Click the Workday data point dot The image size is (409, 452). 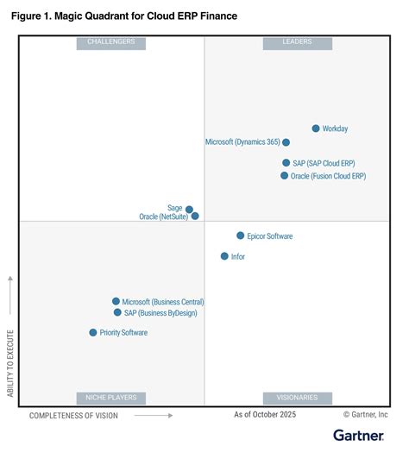click(316, 129)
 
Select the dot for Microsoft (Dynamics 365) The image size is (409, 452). click(286, 142)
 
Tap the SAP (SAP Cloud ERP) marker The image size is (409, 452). click(286, 162)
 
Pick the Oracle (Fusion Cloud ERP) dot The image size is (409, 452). click(285, 176)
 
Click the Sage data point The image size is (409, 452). click(190, 209)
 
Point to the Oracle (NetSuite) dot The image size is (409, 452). click(195, 217)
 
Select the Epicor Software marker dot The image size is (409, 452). click(241, 235)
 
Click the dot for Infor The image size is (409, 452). click(224, 256)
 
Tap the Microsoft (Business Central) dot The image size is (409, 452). click(116, 302)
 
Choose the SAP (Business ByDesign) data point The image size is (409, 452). click(117, 313)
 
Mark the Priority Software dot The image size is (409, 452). click(93, 332)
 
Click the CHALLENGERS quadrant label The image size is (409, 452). click(111, 42)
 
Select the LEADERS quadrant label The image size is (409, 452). click(297, 42)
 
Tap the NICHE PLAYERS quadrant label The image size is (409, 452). click(111, 398)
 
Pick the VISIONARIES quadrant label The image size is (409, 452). click(297, 398)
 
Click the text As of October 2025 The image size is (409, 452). click(265, 415)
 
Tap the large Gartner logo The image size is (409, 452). click(361, 436)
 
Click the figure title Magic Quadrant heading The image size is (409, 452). click(123, 16)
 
